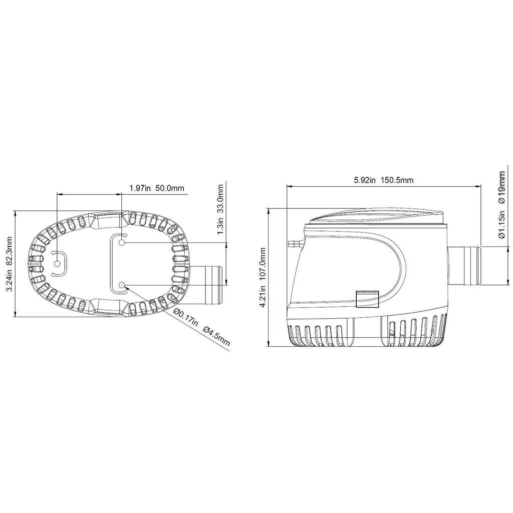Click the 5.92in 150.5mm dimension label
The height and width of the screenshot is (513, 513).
coord(383,180)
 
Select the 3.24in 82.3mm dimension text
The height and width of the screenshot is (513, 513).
coord(10,264)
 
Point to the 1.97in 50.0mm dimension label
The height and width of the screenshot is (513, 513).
coord(157,188)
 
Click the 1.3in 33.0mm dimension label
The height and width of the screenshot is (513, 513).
coord(220,210)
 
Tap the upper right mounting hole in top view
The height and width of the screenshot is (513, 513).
coord(122,242)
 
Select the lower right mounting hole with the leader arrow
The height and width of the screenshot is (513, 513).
coord(122,285)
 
